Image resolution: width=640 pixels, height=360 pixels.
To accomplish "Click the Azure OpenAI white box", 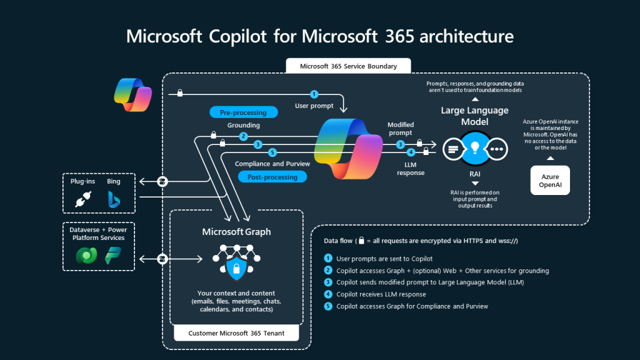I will click(x=550, y=181).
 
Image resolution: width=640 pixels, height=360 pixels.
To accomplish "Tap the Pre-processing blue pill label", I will click(x=243, y=112).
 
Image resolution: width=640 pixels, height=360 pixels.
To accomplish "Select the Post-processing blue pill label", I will click(x=272, y=177).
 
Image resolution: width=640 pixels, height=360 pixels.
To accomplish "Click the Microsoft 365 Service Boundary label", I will click(x=340, y=66).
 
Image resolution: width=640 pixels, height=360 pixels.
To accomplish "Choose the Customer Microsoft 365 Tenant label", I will click(x=236, y=333).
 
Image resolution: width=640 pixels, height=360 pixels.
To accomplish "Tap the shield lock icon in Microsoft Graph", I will click(x=236, y=269).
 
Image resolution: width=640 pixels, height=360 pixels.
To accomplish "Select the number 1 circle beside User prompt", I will click(x=314, y=94).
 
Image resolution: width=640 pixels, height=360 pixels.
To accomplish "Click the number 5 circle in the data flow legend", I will click(x=328, y=306).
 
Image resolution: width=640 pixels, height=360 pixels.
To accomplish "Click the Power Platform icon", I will click(x=113, y=256).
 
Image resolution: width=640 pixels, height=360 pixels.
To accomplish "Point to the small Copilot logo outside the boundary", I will click(x=132, y=94).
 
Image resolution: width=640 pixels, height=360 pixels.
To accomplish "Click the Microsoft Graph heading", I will click(x=236, y=232).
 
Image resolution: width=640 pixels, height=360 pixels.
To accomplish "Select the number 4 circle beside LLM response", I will click(x=411, y=152).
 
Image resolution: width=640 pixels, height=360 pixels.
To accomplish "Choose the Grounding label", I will click(x=243, y=126).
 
